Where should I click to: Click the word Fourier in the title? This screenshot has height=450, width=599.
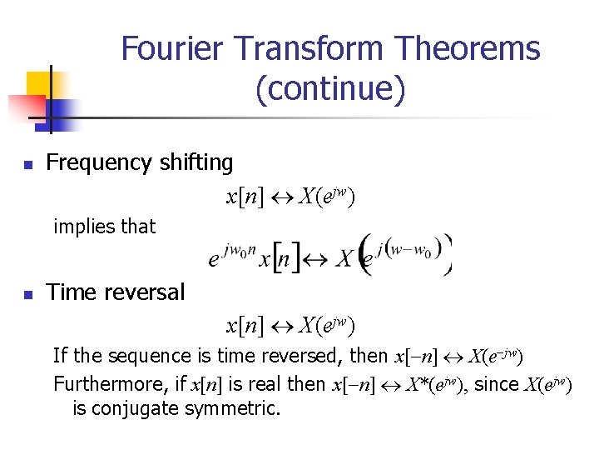pos(171,49)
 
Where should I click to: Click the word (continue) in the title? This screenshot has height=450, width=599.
pos(331,88)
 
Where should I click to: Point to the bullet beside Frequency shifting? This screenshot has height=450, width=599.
pos(28,165)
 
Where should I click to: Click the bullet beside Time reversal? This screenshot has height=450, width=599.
pos(28,295)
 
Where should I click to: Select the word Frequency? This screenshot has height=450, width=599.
pos(97,162)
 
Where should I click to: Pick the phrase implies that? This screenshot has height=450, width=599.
pos(104,226)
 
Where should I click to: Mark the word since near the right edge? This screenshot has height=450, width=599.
pos(498,384)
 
